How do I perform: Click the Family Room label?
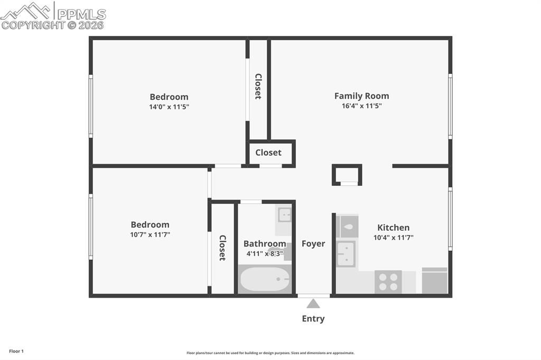(x=361, y=96)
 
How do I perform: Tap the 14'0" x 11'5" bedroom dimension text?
(x=169, y=107)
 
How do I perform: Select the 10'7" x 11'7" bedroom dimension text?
(x=150, y=234)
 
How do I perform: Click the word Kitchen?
(x=393, y=228)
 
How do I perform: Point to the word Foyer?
(x=313, y=243)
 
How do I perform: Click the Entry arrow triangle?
(x=313, y=304)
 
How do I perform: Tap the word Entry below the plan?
(x=313, y=318)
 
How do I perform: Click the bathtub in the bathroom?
(x=264, y=279)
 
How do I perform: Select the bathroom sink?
(x=284, y=215)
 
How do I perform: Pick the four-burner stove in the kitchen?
(x=388, y=282)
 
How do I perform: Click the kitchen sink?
(x=346, y=254)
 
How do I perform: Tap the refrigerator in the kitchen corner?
(x=435, y=280)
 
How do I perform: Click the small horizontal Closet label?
(x=268, y=153)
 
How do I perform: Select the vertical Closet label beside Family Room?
(x=258, y=86)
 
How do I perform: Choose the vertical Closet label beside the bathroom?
(x=222, y=248)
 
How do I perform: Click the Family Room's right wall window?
(x=450, y=106)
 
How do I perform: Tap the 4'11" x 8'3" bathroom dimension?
(x=264, y=253)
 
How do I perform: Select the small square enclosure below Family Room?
(x=347, y=175)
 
